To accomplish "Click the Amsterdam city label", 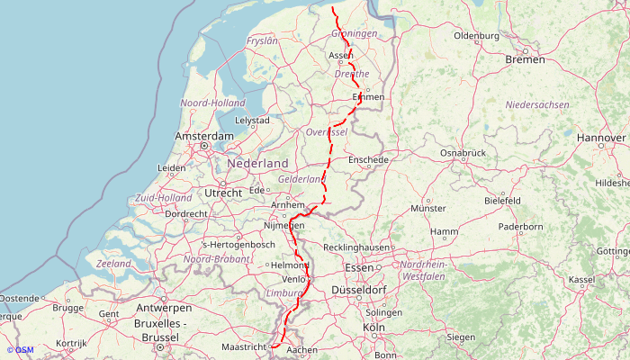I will point(204,136).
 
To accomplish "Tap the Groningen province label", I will point(354,33).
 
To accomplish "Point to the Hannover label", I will point(601,138).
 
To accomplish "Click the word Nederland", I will point(257,164).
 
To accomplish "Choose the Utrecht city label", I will point(223,193).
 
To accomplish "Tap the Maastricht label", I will point(244,346).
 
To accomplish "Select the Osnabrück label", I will point(463,153).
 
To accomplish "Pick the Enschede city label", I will point(367,159).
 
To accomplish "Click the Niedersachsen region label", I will point(537,105).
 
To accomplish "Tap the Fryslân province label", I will point(262,41).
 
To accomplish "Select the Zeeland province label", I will point(113,264).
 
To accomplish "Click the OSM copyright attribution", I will point(20,350).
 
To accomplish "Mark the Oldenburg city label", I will point(476,36).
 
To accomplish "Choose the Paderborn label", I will point(521,227).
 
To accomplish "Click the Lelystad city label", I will point(252,120).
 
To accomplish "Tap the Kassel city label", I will point(582,280).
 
